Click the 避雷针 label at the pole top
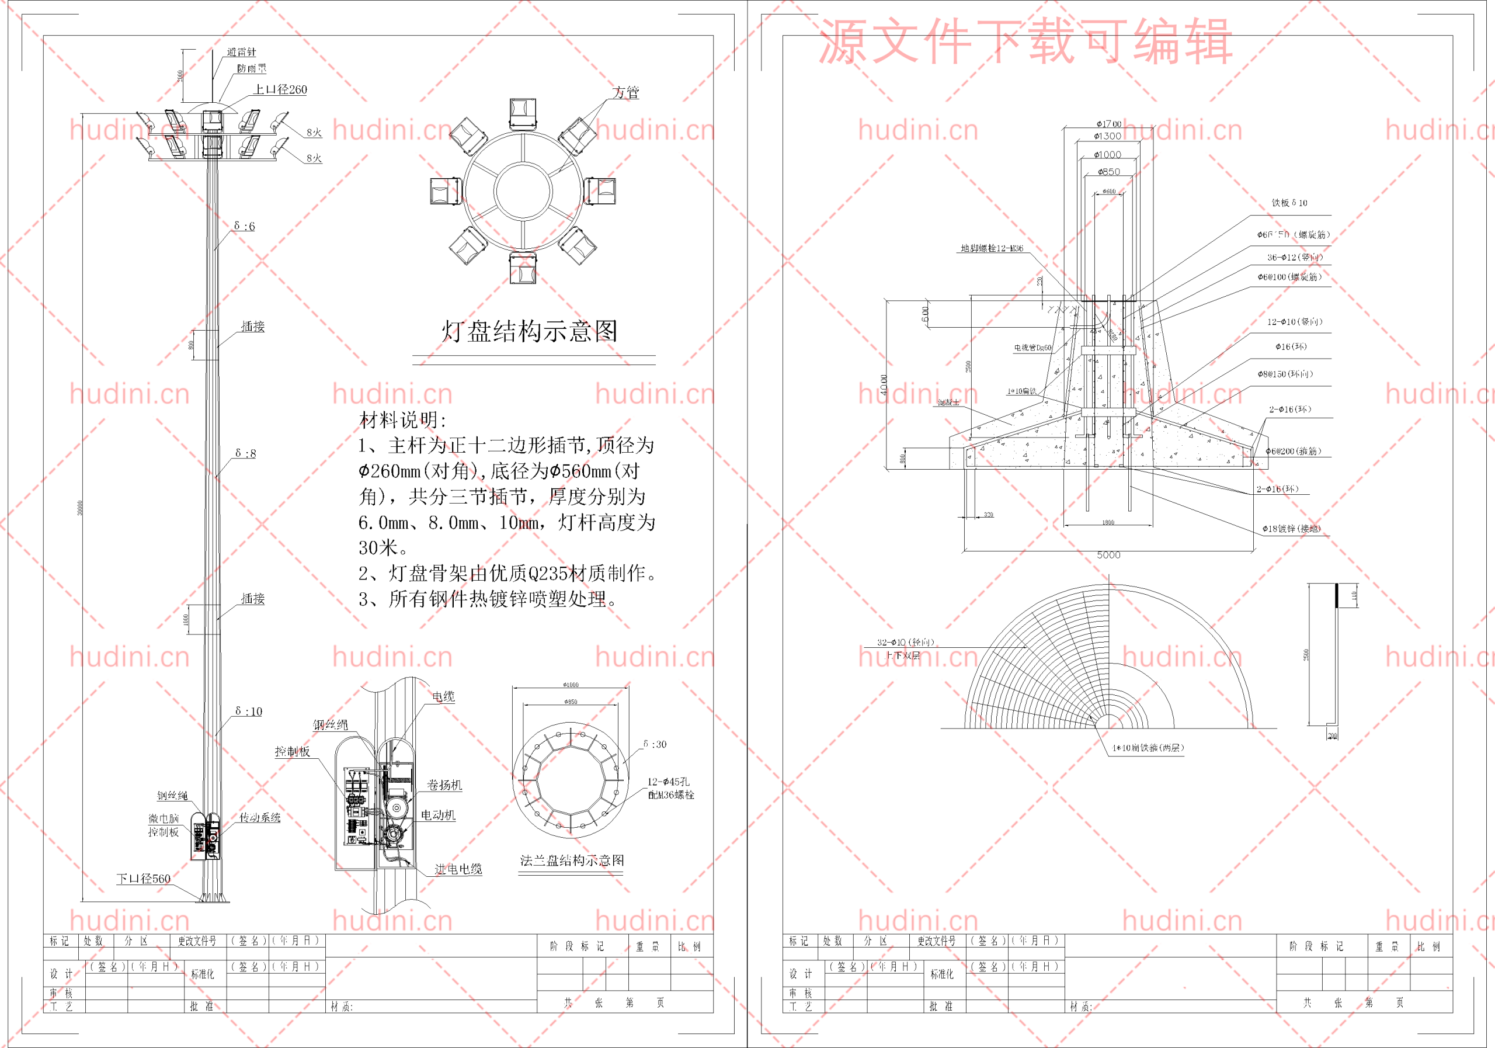click(x=242, y=52)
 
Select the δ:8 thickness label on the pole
click(x=245, y=453)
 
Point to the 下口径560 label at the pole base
click(x=143, y=879)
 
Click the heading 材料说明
click(x=403, y=420)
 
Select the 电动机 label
click(x=437, y=816)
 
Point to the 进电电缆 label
click(x=458, y=869)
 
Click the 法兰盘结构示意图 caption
click(x=572, y=860)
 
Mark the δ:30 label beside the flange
click(x=655, y=744)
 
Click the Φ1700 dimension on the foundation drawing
click(x=1108, y=124)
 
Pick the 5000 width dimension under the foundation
click(x=1108, y=555)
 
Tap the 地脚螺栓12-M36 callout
click(x=992, y=248)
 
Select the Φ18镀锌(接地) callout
click(x=1291, y=529)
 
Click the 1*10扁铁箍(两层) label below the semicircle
click(x=1148, y=748)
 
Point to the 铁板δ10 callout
click(x=1289, y=203)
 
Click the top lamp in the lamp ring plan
click(x=523, y=113)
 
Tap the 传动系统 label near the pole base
click(x=260, y=817)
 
